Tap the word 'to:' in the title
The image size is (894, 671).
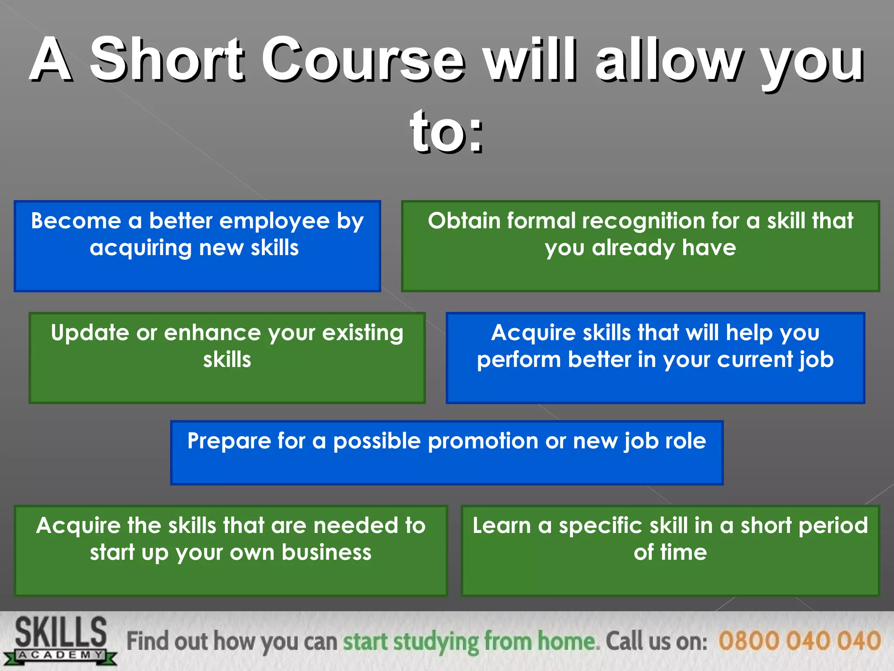pos(447,131)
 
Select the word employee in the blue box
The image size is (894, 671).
pos(274,221)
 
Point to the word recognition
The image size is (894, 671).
pos(646,221)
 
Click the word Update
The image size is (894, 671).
pos(90,333)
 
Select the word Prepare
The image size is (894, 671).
pos(228,441)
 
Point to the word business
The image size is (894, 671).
pos(326,553)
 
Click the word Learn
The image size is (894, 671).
pos(501,526)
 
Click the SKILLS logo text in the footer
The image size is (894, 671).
pos(61,632)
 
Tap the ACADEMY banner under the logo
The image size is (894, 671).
pos(61,655)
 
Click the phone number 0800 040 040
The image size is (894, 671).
pos(799,641)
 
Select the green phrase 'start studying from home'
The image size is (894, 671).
pos(469,641)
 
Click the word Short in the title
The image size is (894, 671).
pos(166,60)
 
